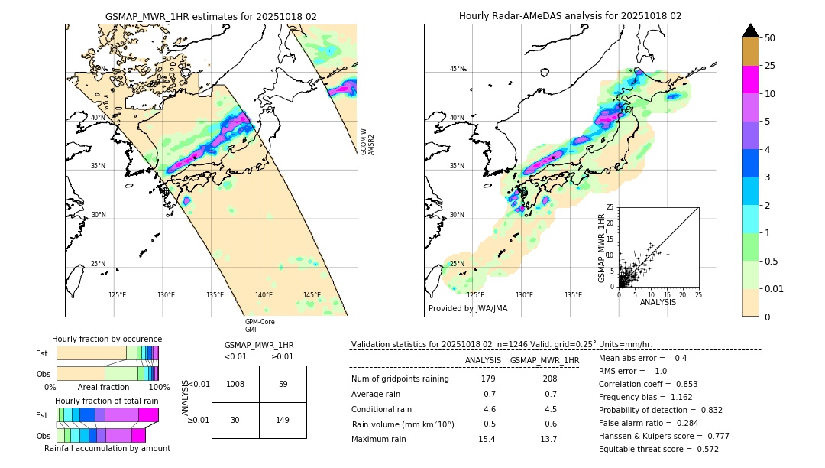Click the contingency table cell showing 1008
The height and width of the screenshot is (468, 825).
pos(235,384)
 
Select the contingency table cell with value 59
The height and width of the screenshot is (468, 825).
pos(283,384)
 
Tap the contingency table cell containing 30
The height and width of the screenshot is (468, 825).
pos(235,420)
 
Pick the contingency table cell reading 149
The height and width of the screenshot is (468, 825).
pos(283,420)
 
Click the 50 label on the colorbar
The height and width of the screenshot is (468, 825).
pos(771,38)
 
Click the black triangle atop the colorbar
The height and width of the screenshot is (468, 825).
pos(751,31)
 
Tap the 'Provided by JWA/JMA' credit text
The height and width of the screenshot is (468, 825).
pos(467,308)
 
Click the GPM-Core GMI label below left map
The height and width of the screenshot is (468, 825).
pos(260,326)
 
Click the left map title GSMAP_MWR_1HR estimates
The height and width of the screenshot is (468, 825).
pos(211,16)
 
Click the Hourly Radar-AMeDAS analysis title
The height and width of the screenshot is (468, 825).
pos(570,16)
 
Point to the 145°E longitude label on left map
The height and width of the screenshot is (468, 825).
pos(312,295)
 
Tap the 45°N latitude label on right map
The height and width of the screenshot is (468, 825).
pos(457,69)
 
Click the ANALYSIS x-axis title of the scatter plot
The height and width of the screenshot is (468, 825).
pos(658,302)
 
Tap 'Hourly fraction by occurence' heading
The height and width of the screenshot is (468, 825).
pos(107,339)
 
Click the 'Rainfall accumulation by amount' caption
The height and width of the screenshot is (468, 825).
pos(107,448)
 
